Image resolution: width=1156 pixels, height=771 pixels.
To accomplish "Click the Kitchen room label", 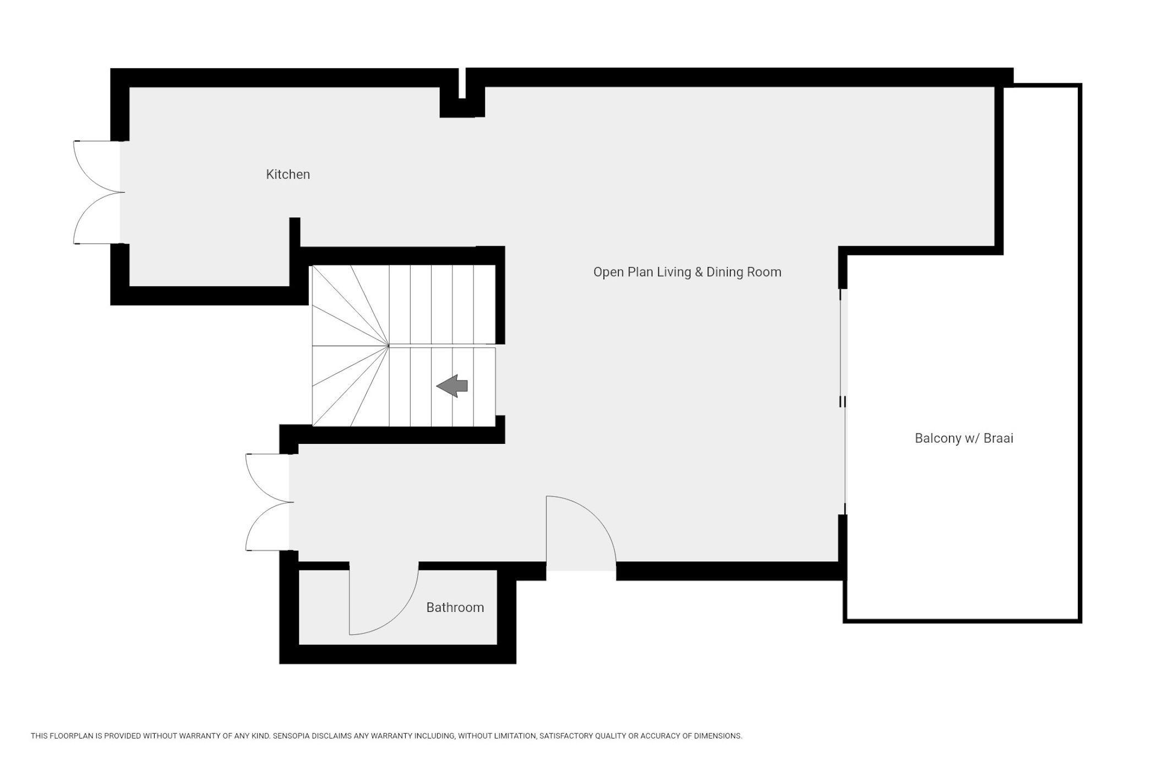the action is click(288, 175).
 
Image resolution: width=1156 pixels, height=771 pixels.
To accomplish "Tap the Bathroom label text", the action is click(455, 607).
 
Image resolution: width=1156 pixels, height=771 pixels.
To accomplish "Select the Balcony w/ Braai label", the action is click(964, 438).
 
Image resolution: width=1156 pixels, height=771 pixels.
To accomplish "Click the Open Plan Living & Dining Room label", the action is click(687, 272).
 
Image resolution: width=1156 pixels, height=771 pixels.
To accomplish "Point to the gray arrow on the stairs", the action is click(452, 385).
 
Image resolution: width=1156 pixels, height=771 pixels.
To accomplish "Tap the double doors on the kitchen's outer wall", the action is click(98, 192).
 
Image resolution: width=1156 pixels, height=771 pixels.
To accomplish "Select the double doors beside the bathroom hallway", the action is click(269, 502).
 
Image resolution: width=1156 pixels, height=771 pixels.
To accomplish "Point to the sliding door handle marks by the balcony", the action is click(842, 402).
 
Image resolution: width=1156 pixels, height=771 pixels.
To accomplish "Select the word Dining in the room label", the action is click(726, 272).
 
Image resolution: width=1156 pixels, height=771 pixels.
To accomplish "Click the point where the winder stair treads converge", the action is click(389, 346).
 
